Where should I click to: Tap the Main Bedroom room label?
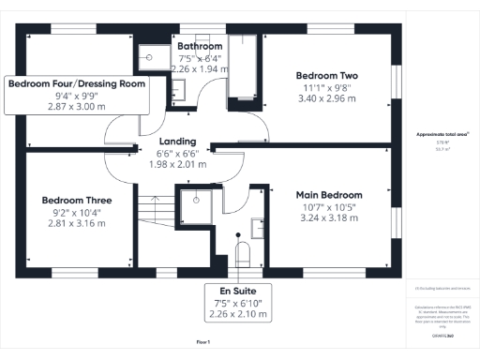pos(328,195)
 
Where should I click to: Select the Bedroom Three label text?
pos(77,201)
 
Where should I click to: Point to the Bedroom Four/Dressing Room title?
pos(77,83)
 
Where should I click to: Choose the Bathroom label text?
pos(200,46)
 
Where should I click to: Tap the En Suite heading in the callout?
pos(237,291)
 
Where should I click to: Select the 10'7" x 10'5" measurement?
pos(328,206)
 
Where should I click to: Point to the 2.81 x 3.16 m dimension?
pos(77,223)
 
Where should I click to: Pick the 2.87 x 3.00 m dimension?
pos(77,107)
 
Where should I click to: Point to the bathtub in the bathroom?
pos(243,70)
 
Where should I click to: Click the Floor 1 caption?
pos(202,343)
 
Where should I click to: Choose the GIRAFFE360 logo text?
pos(442,334)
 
